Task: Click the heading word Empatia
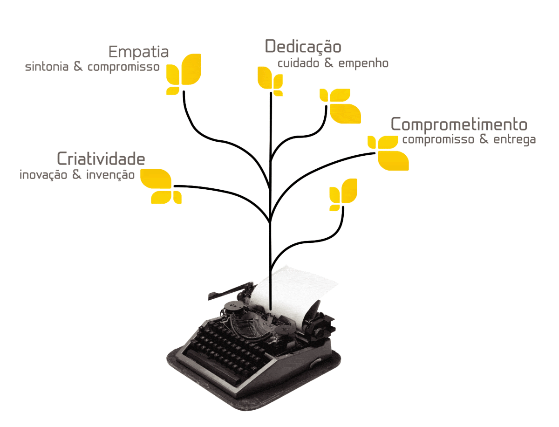point(138,53)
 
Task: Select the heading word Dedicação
point(303,47)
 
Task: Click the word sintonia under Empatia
point(47,67)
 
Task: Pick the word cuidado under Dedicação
point(298,63)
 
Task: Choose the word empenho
point(363,64)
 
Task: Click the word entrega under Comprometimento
point(514,140)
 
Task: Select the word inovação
point(43,175)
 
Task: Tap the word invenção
point(110,175)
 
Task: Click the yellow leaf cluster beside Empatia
point(184,74)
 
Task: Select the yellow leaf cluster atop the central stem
point(270,81)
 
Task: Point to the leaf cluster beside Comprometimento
point(388,153)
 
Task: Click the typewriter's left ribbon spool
point(232,306)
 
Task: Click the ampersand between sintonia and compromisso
point(78,66)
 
